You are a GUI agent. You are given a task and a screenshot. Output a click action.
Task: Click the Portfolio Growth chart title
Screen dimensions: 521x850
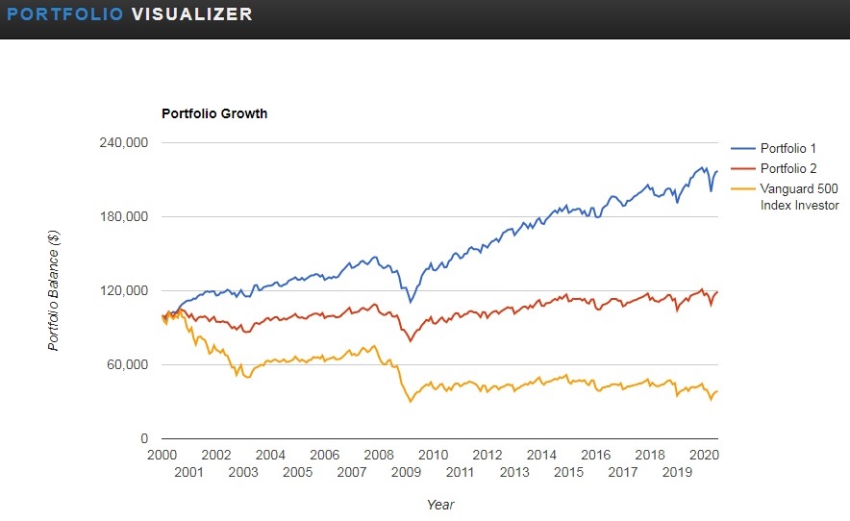pos(214,113)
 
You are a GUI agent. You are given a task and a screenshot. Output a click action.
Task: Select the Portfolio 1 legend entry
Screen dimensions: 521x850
pos(787,148)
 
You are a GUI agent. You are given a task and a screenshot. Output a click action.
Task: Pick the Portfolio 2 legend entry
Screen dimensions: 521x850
pos(787,168)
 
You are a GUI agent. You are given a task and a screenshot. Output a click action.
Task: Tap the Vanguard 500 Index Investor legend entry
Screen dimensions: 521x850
pos(799,197)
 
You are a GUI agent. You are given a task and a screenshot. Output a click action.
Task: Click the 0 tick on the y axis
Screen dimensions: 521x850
pos(143,438)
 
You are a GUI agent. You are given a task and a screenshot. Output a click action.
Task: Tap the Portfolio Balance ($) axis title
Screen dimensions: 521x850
pos(55,290)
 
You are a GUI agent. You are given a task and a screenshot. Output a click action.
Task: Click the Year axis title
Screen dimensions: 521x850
pos(440,504)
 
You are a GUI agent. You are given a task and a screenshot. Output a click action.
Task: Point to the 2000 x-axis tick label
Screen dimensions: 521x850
pos(161,455)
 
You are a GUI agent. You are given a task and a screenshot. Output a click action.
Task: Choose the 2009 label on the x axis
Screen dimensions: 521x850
pos(406,472)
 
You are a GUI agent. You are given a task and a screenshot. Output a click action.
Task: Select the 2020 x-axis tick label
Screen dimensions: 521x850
pos(704,455)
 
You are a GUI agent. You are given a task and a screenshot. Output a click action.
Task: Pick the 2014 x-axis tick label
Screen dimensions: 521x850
pos(541,455)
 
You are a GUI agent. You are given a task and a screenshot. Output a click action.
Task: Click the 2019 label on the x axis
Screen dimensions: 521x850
pos(677,472)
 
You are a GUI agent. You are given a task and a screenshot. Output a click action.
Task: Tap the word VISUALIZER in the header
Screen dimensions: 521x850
pos(191,14)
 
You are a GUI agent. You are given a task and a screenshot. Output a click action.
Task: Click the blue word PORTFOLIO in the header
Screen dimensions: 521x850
pos(64,14)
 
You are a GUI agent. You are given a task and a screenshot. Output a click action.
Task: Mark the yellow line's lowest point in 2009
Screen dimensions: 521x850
pos(411,401)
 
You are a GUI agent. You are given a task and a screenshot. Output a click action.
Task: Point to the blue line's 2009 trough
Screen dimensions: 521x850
pos(411,302)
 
